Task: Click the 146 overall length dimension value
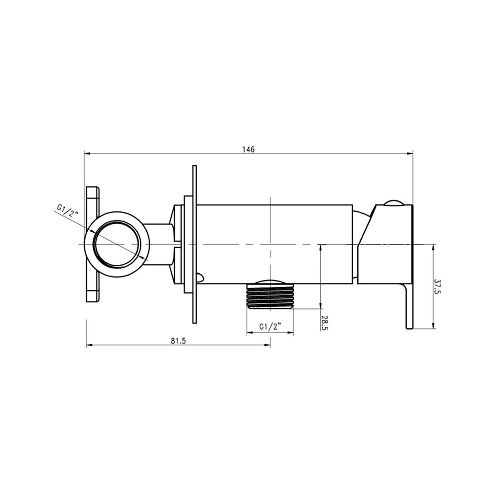(x=248, y=149)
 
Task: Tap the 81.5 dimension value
(x=178, y=341)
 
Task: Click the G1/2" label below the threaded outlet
(x=270, y=327)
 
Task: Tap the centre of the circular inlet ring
(x=117, y=244)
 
